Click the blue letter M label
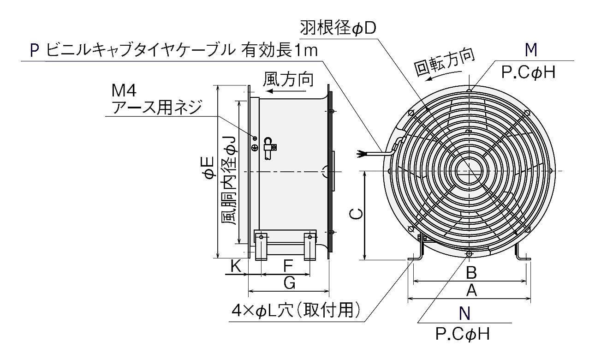pyautogui.click(x=532, y=49)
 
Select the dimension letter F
pyautogui.click(x=288, y=266)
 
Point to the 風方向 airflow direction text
pyautogui.click(x=288, y=79)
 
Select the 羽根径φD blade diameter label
pyautogui.click(x=338, y=28)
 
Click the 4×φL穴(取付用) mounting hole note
pyautogui.click(x=296, y=311)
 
